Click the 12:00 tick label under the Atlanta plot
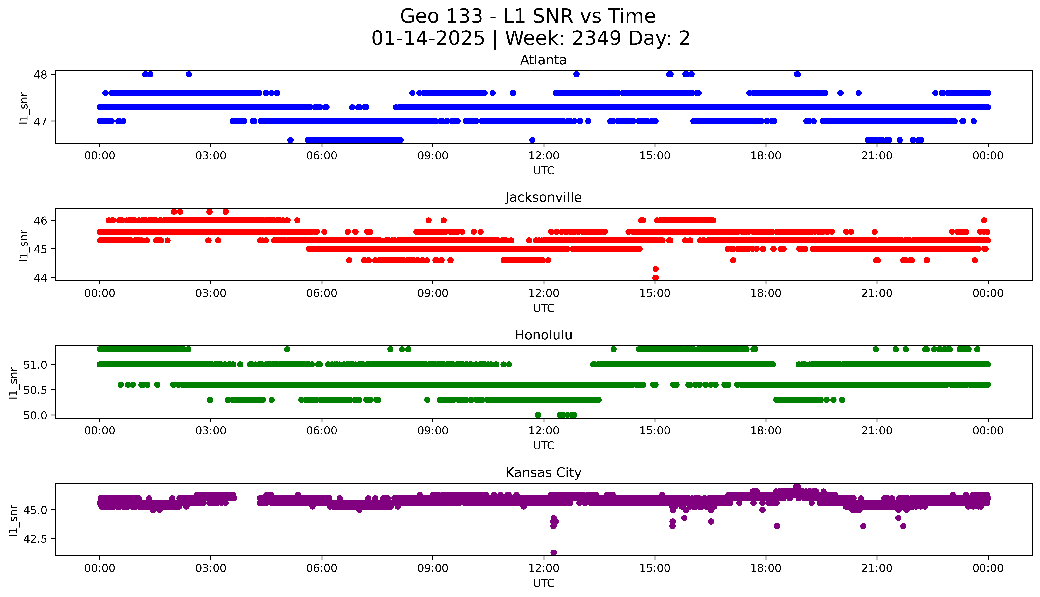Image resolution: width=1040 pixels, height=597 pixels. tap(544, 156)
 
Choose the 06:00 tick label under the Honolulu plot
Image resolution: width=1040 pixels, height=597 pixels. tap(322, 430)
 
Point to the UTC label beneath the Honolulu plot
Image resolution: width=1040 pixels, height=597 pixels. tap(544, 445)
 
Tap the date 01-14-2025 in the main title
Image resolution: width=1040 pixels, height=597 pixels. tap(428, 39)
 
